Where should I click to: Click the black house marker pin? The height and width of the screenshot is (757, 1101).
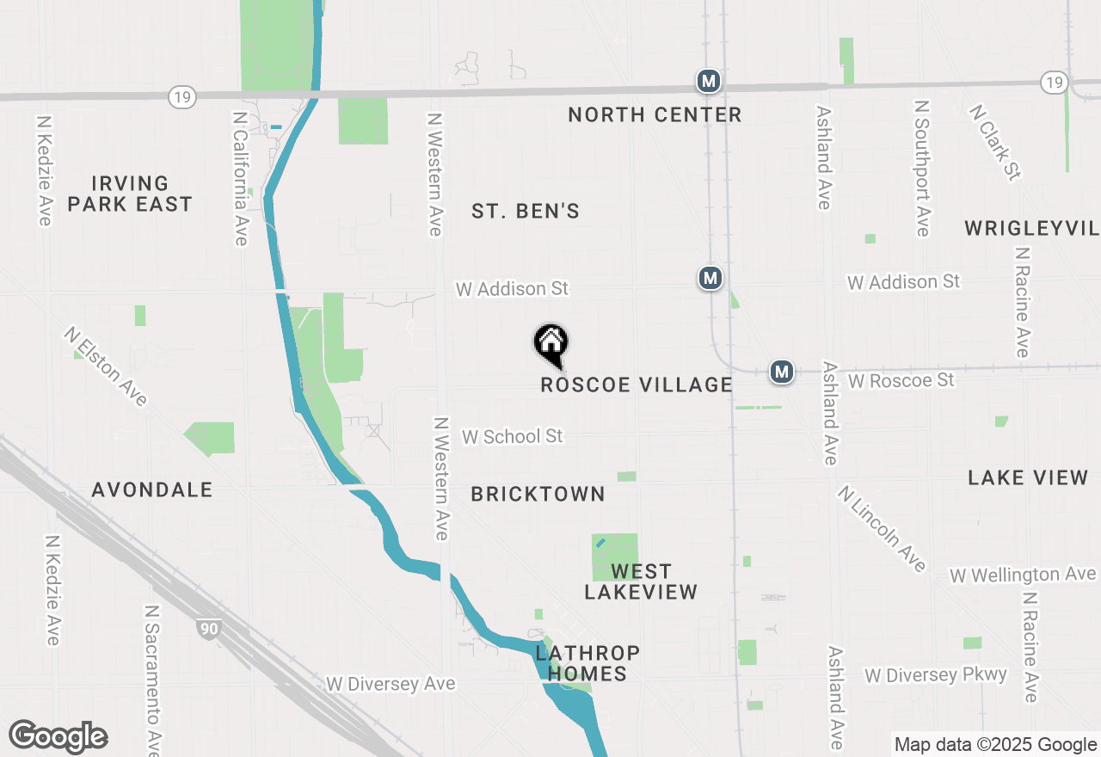coord(551,344)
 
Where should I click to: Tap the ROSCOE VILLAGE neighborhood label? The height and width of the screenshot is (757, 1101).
coord(637,385)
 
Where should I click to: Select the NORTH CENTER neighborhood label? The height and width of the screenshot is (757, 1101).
coord(655,114)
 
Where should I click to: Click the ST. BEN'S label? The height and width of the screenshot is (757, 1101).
coord(526,211)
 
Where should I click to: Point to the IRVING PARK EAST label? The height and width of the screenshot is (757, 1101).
coord(130,194)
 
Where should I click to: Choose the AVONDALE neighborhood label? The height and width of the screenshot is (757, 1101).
coord(152,489)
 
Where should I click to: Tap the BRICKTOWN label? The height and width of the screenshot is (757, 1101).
coord(538,494)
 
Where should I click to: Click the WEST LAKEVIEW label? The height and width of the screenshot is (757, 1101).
coord(641,582)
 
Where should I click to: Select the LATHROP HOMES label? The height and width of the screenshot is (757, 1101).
coord(587,663)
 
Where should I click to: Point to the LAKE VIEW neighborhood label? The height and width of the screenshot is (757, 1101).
coord(1028,477)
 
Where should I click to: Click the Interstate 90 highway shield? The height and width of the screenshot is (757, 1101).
coord(207,629)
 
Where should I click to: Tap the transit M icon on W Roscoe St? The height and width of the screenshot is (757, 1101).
coord(781,372)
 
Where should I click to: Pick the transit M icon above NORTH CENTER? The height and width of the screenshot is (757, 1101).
coord(708,82)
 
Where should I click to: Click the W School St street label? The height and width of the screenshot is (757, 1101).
coord(512,436)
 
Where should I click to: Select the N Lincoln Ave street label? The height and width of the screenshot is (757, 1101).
coord(883,527)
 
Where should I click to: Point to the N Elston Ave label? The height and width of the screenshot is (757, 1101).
coord(106,366)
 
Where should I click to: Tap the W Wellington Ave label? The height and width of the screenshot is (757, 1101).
coord(1023,574)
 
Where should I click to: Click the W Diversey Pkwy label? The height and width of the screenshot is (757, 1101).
coord(935,674)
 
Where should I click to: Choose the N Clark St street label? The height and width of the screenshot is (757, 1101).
coord(994,143)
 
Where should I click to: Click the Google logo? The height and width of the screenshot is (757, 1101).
coord(58,736)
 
